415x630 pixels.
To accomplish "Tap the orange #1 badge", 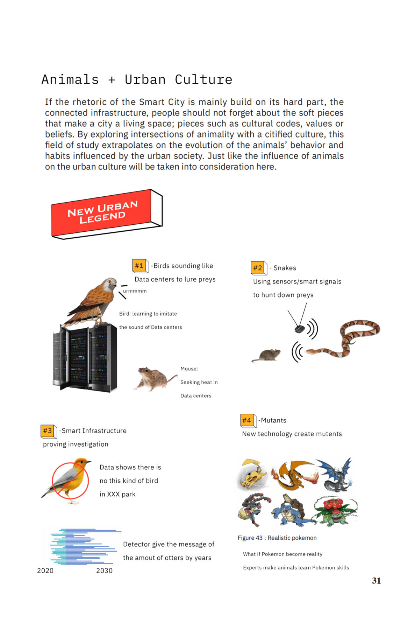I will click(x=139, y=266).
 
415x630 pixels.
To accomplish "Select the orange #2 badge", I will click(x=257, y=268).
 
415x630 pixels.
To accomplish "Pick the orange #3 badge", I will click(x=47, y=430).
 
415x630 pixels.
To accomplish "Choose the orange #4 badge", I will click(x=246, y=420).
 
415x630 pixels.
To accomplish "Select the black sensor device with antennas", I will click(x=299, y=329).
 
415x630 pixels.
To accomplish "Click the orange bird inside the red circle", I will click(x=70, y=479).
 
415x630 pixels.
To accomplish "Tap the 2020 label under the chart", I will click(x=45, y=570).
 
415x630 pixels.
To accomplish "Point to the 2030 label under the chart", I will click(x=104, y=570).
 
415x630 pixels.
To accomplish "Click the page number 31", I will click(x=376, y=581).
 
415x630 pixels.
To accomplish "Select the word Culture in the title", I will click(x=203, y=79).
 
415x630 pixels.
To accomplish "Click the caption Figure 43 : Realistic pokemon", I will click(x=277, y=538).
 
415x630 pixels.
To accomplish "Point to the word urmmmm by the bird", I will click(x=135, y=291).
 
